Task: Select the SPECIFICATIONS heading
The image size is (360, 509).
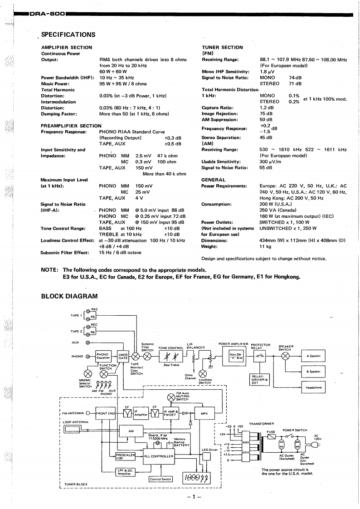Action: click(68, 34)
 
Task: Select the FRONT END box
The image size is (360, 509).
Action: click(105, 413)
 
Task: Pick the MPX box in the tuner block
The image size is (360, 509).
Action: click(204, 413)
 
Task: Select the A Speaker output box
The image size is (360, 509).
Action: click(313, 356)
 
